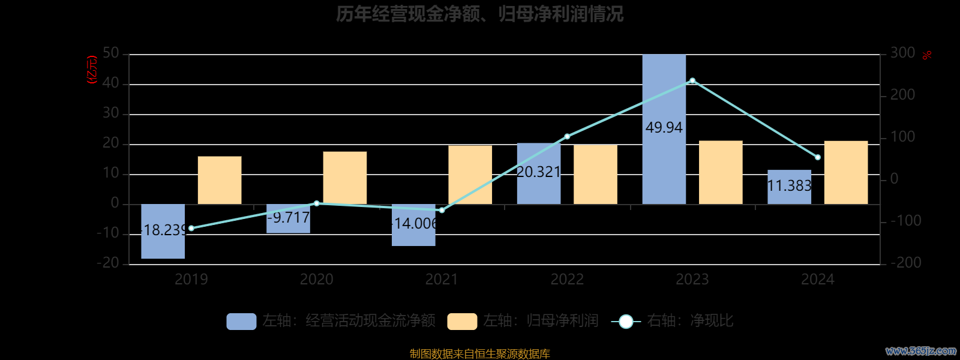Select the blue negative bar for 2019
point(163,246)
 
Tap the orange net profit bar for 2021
point(470,175)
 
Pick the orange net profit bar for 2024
point(846,172)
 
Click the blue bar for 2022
point(539,156)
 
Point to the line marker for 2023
point(692,80)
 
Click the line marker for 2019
point(191,228)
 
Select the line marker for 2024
point(817,157)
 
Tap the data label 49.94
point(664,128)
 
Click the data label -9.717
point(288,218)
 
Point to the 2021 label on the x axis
point(442,280)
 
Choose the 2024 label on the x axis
point(817,280)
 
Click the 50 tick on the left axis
point(111,53)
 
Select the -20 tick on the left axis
point(108,263)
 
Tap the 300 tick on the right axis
point(902,53)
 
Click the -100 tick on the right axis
point(905,221)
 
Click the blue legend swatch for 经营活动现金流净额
point(241,322)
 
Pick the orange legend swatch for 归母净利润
point(462,322)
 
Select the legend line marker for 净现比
point(626,322)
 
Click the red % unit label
point(927,55)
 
